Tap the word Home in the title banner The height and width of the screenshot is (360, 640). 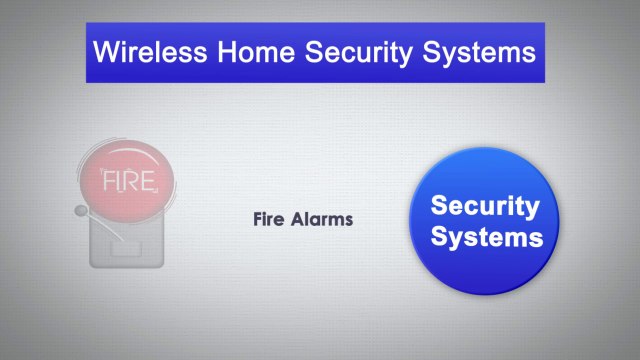click(x=256, y=51)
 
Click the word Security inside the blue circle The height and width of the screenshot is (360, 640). click(x=485, y=207)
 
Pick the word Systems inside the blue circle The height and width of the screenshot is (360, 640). click(x=485, y=238)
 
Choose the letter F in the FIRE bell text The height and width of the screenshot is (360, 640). click(x=109, y=183)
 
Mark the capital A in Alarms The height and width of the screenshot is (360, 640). click(x=295, y=220)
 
